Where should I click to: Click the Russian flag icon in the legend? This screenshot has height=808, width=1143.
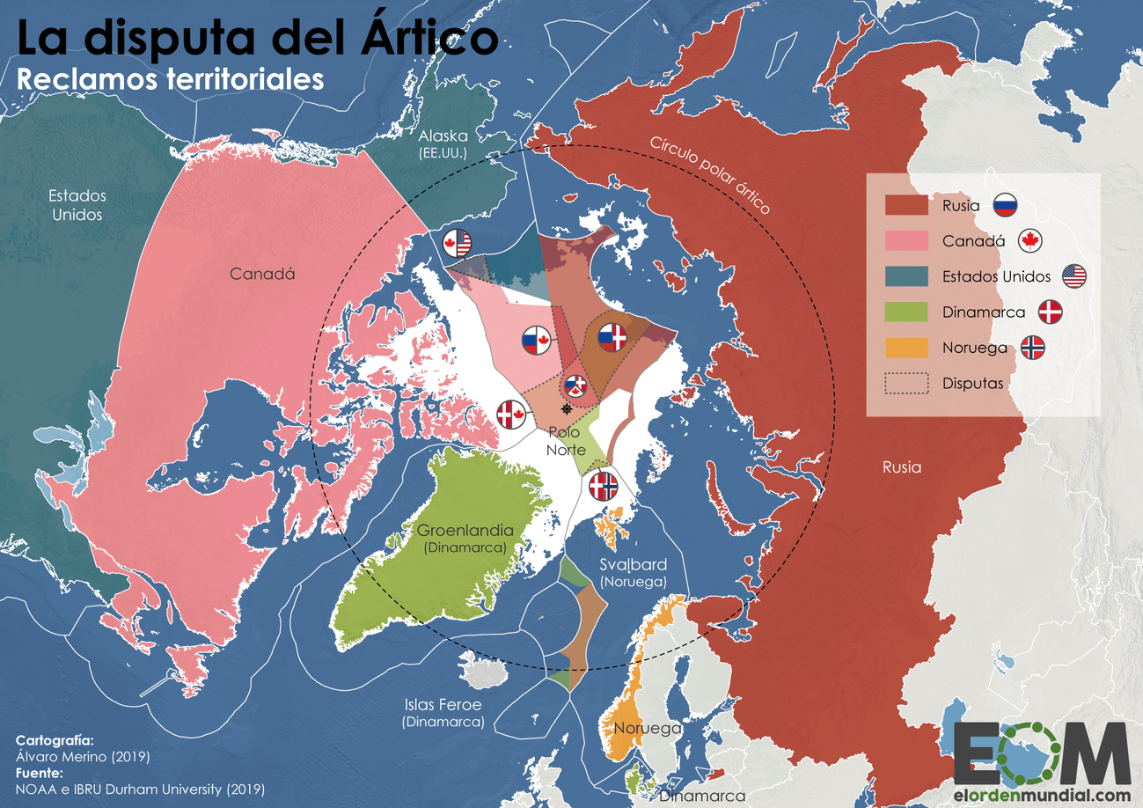coord(1006,206)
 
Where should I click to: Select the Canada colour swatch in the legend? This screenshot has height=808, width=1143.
coord(906,241)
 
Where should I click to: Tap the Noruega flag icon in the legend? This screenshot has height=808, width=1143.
coord(1032,348)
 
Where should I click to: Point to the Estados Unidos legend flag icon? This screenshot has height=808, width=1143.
coord(1073,276)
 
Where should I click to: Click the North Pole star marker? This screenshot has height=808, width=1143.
coord(567,410)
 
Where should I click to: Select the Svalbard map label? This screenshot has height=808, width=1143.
coord(633,565)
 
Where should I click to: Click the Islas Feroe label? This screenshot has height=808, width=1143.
coord(443,704)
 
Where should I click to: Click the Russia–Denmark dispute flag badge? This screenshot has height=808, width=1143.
coord(612,336)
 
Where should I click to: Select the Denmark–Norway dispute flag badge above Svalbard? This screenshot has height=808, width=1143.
coord(603,486)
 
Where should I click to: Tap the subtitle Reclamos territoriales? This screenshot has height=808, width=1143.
coord(171,78)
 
